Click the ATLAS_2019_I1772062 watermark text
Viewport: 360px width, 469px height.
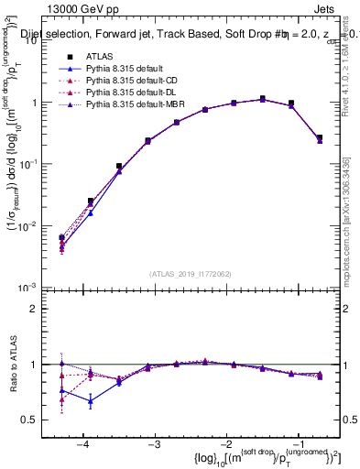[x=191, y=273]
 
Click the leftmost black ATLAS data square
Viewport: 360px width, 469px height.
[x=61, y=238]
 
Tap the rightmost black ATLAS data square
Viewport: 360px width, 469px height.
[x=319, y=137]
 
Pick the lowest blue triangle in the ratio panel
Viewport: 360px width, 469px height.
[x=91, y=401]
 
